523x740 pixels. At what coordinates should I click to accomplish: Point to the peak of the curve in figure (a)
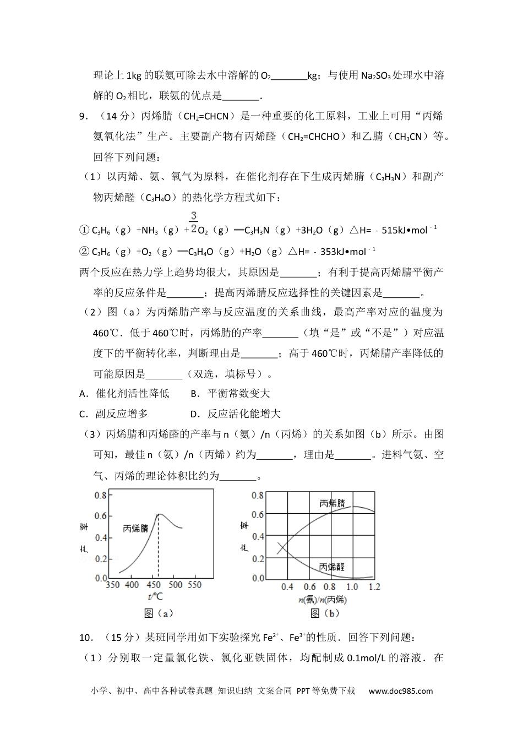click(158, 514)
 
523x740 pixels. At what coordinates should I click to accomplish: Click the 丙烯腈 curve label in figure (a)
click(136, 528)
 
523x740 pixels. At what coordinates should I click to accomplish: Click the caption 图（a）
click(159, 613)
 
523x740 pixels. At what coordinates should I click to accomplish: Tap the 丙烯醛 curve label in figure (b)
click(333, 567)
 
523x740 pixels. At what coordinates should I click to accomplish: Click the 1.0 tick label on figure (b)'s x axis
click(352, 587)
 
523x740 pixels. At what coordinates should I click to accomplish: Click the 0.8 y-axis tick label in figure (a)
click(101, 495)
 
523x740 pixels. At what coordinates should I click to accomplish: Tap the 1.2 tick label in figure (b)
click(374, 587)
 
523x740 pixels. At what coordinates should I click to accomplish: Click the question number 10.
click(85, 637)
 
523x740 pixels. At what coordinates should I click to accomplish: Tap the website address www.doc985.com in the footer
click(401, 691)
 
